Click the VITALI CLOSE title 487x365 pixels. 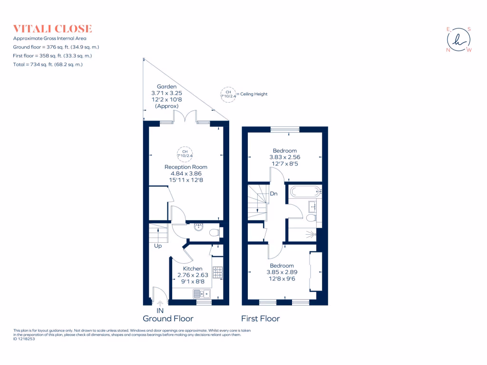(52, 29)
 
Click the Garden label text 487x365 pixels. (164, 86)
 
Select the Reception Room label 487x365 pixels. (185, 167)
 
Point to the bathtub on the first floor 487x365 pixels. (304, 192)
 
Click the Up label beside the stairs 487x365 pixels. (157, 246)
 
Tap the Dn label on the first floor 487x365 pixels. (273, 193)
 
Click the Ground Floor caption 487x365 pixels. (168, 318)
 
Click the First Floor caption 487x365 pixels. (260, 318)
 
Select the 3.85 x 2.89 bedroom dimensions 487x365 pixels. (282, 272)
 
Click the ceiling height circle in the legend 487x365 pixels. (228, 94)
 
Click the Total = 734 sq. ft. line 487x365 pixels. (48, 64)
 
